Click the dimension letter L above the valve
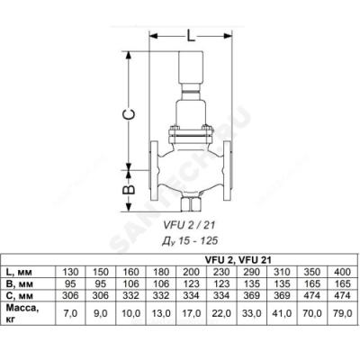click(191, 36)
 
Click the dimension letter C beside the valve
click(130, 114)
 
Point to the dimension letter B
click(130, 189)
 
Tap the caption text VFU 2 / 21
click(189, 225)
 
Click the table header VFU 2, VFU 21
click(238, 259)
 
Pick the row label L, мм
click(20, 272)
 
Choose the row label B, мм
click(20, 283)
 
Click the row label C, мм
click(20, 296)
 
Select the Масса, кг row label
click(22, 313)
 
